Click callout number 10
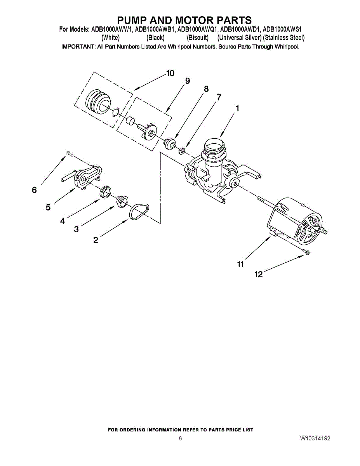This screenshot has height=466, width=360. (170, 73)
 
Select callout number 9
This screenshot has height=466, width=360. (188, 81)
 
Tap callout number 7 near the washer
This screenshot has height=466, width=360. (219, 97)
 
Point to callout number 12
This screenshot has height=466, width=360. (259, 274)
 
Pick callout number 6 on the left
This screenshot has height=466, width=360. (34, 190)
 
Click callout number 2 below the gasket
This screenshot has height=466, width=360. (96, 240)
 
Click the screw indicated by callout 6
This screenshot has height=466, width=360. (70, 153)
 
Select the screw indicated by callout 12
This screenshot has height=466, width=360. (307, 252)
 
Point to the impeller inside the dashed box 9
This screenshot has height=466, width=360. (148, 132)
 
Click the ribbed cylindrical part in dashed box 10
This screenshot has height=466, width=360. (98, 101)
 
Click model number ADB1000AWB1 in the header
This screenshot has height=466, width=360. (154, 29)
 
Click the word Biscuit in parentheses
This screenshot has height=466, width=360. (197, 38)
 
